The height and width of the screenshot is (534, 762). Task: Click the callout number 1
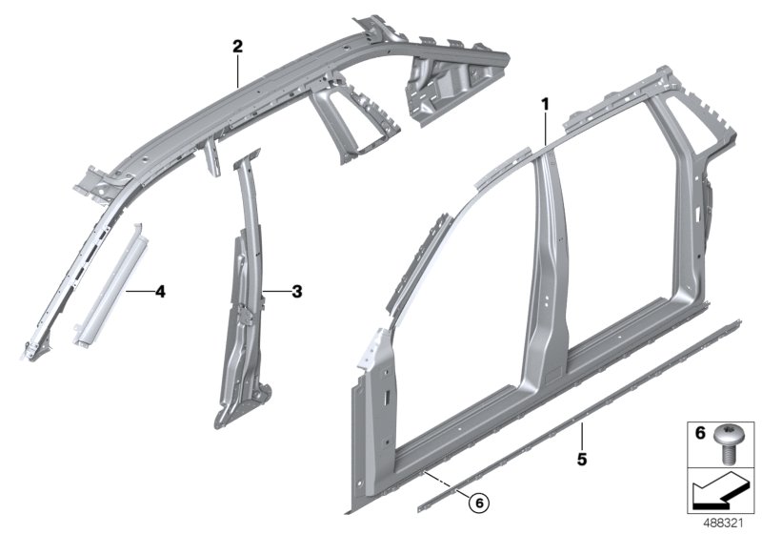545,102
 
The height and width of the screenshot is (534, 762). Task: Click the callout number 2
238,45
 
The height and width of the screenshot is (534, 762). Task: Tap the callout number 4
160,292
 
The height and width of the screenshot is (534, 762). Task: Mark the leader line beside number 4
139,291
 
